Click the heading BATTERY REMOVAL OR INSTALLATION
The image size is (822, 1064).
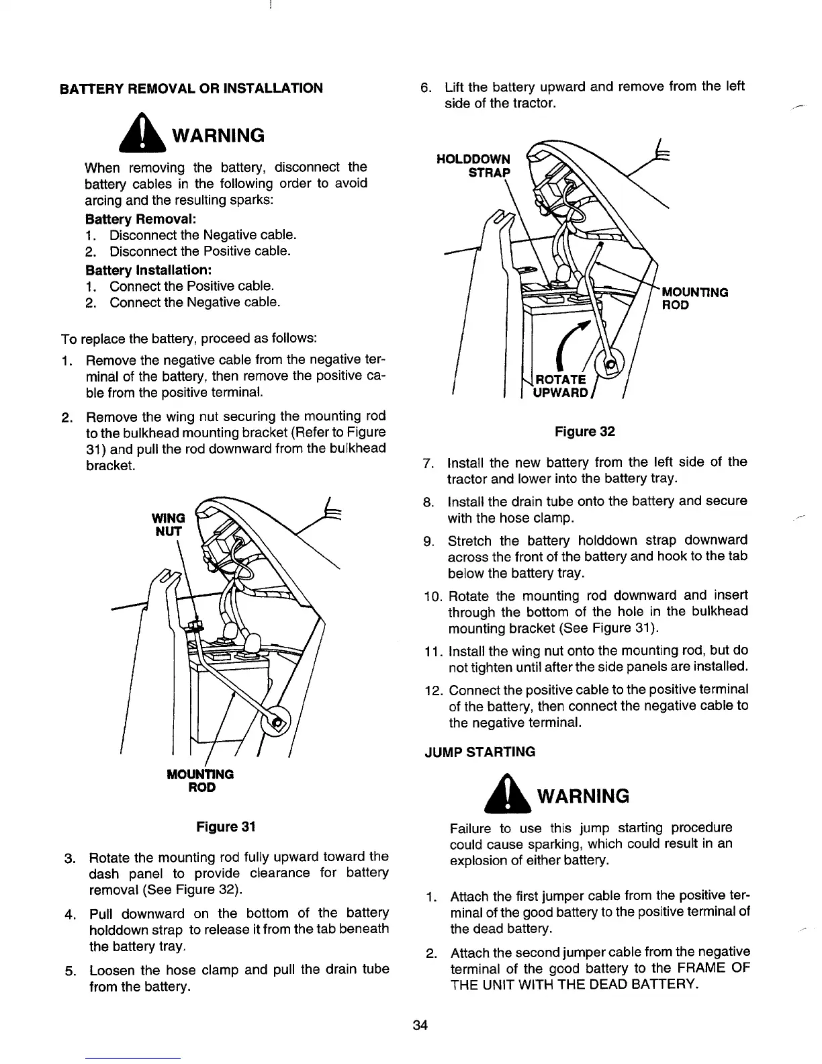point(191,88)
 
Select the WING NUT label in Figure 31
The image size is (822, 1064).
point(169,524)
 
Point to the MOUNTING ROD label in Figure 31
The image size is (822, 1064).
point(200,780)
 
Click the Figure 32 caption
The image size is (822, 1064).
point(584,431)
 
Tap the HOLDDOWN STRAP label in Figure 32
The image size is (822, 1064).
point(473,166)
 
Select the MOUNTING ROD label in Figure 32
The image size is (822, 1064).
point(695,298)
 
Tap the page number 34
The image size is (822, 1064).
point(421,1025)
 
